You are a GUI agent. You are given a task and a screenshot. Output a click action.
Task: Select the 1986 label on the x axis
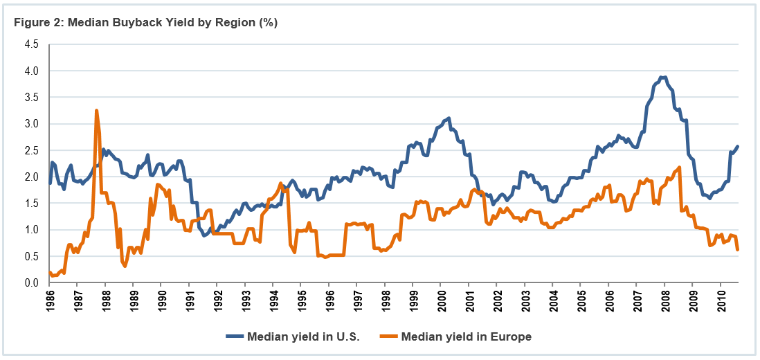(x=49, y=303)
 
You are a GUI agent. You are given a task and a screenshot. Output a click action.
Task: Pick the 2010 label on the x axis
(x=721, y=303)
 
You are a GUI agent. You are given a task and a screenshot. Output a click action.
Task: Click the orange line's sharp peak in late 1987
(x=96, y=110)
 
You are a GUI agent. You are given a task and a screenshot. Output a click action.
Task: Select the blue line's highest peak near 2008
(x=663, y=77)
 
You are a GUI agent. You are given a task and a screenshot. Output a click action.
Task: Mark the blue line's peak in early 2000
(x=449, y=118)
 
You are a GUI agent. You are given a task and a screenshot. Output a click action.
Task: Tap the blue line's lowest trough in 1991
(x=204, y=235)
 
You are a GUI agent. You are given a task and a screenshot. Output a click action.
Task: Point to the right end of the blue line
(x=738, y=146)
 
